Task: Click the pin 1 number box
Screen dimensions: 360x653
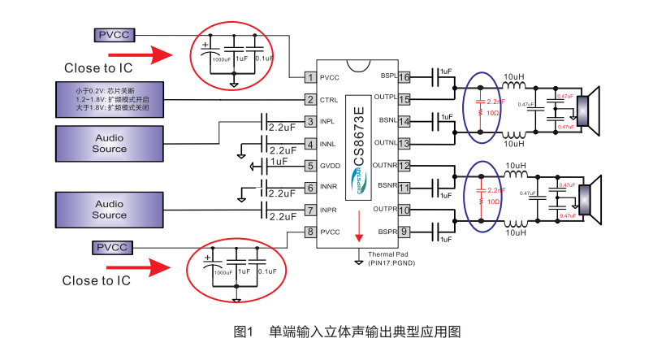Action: point(309,78)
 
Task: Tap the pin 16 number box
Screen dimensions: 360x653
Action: point(404,77)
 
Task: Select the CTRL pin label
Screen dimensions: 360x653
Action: point(329,100)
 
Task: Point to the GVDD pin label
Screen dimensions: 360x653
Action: point(331,166)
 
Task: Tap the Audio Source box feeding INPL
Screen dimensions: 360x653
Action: point(110,144)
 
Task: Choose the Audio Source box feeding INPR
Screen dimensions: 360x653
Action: point(110,210)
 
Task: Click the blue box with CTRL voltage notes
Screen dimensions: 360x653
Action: point(110,100)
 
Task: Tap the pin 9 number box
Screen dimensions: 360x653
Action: point(404,232)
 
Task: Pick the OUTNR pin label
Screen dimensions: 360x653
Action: point(383,166)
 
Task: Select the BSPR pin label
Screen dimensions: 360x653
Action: point(386,232)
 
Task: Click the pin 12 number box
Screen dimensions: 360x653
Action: point(404,166)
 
